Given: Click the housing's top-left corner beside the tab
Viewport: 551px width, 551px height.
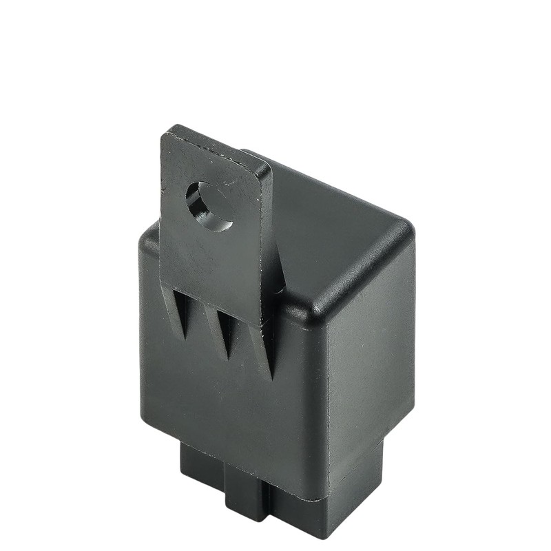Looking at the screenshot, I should click(148, 234).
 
